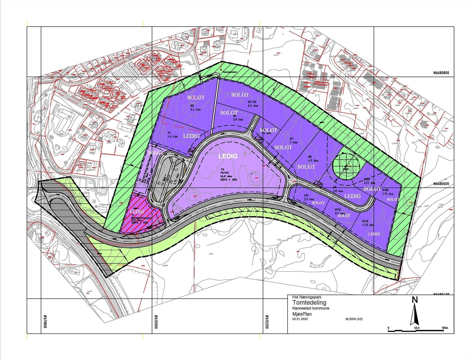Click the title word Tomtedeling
pos(309,303)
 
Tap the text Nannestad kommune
pos(311,308)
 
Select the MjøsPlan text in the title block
pos(302,314)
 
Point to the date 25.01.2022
pos(300,319)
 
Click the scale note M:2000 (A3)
pos(354,319)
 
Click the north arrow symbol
pos(414,312)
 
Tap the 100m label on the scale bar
pos(444,328)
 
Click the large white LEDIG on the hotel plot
pos(228,156)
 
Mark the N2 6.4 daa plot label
pos(193,108)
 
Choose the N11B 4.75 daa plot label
pos(368,223)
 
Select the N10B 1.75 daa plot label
pos(387,192)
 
